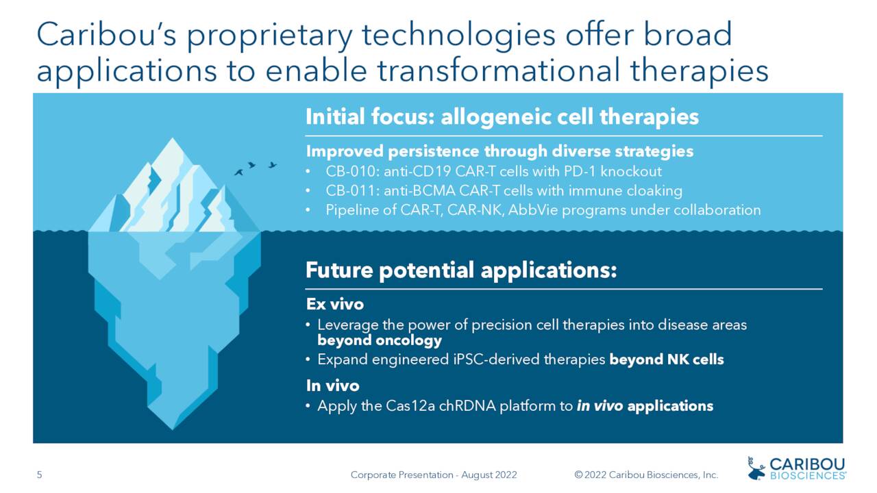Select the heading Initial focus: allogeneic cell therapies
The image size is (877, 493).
(502, 116)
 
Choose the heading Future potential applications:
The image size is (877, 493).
(461, 270)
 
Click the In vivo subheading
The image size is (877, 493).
(332, 386)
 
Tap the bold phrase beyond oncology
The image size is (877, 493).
(380, 340)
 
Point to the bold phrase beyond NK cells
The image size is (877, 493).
(666, 359)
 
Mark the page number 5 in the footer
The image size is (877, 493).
(39, 475)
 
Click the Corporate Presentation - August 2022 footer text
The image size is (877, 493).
(433, 475)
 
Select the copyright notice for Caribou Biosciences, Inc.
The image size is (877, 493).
(646, 475)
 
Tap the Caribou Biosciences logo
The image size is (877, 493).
(796, 468)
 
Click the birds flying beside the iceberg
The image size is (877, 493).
(255, 167)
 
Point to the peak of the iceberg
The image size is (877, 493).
(171, 141)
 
